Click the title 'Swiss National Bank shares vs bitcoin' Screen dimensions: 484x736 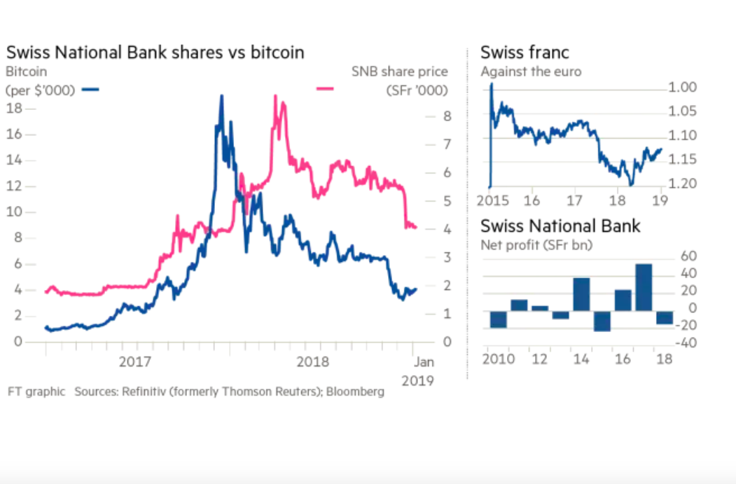tap(155, 53)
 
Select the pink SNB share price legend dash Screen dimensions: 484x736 tap(325, 89)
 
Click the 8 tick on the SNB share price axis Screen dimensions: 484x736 tap(447, 116)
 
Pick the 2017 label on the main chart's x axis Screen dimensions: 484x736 tap(135, 363)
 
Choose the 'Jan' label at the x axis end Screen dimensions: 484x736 tap(423, 363)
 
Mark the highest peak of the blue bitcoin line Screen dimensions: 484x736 tap(222, 97)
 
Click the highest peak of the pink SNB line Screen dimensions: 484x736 tap(275, 97)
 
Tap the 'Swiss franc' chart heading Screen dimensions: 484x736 tap(525, 53)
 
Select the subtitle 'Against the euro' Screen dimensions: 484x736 tap(531, 71)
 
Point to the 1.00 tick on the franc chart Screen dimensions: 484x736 tap(682, 88)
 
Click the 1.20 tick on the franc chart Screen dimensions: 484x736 tap(682, 184)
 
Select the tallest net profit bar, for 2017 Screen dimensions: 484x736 tap(644, 287)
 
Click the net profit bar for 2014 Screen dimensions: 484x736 tap(581, 294)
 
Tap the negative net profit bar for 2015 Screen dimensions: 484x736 tap(602, 321)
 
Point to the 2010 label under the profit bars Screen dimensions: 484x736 tap(497, 359)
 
